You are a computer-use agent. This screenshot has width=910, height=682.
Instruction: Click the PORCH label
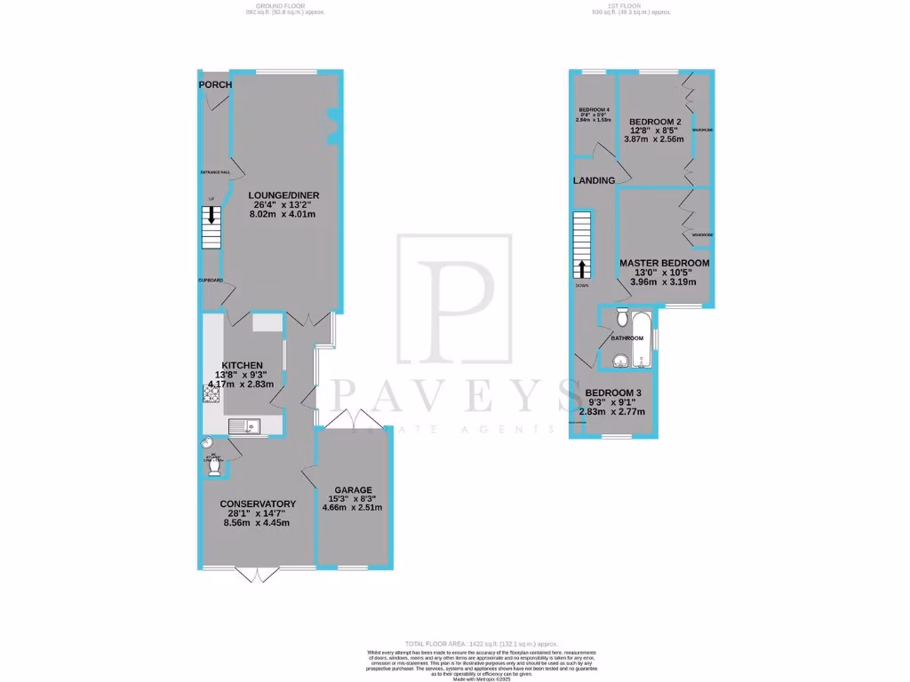(215, 84)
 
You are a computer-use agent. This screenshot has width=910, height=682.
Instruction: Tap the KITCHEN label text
(242, 365)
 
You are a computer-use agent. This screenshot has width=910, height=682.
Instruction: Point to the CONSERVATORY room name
(258, 504)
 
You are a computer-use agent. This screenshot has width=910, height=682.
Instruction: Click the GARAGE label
(353, 489)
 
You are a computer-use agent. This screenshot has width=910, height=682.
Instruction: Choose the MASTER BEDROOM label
(664, 263)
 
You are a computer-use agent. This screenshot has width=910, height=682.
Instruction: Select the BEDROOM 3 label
(612, 393)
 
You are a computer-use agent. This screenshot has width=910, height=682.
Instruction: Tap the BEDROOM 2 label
(655, 122)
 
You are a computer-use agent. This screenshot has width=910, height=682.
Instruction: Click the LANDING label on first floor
(594, 180)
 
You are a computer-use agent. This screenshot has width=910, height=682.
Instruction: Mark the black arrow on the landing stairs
(583, 268)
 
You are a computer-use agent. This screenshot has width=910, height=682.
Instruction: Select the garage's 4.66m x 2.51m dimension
(353, 508)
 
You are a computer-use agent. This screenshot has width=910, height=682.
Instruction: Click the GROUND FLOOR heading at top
(275, 6)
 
